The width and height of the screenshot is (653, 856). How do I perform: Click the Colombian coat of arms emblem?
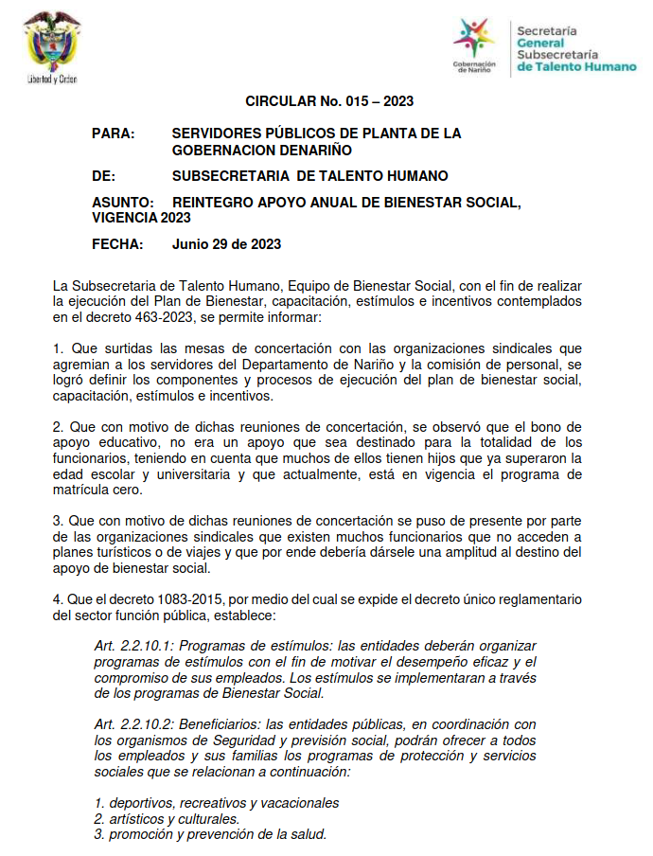(51, 43)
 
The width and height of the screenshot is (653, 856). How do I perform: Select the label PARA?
(114, 134)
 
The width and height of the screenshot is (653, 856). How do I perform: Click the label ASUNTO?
(123, 203)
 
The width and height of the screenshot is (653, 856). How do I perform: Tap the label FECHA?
(117, 244)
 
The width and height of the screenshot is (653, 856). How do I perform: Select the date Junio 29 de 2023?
(226, 244)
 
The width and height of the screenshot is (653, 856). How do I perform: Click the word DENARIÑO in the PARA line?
(309, 150)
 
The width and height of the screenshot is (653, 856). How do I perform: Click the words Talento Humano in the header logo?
(585, 68)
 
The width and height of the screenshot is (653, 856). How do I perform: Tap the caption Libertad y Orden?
(51, 80)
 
